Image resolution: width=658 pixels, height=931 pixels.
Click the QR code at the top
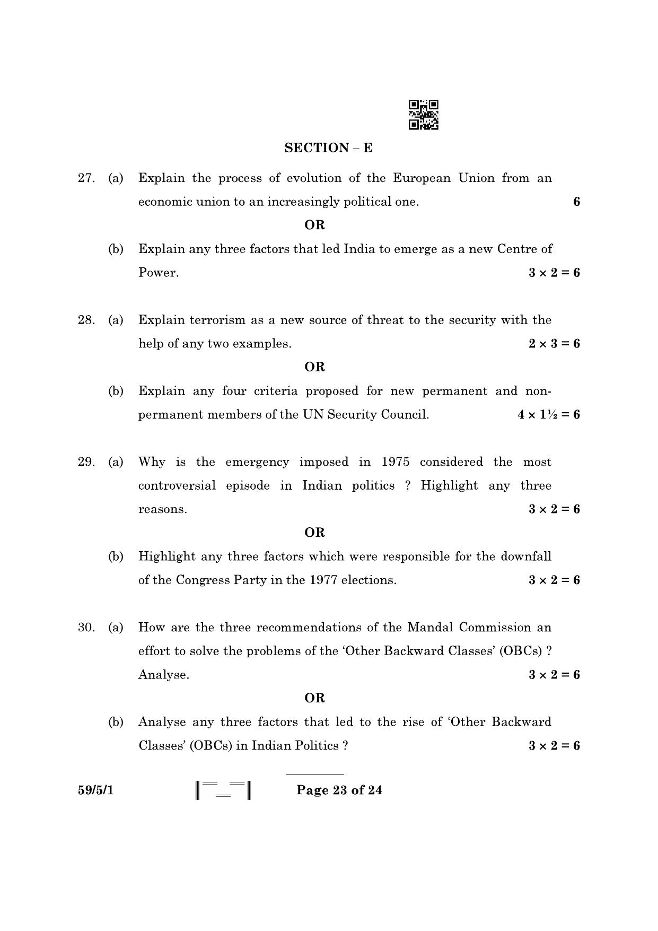click(423, 115)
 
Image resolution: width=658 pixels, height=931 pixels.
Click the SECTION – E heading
click(328, 148)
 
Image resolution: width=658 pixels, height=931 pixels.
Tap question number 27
click(86, 178)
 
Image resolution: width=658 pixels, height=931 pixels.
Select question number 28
click(86, 320)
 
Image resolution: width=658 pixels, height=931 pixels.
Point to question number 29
click(86, 462)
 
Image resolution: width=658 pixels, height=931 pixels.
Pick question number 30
click(86, 628)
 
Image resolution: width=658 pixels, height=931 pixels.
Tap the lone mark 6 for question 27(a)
click(576, 202)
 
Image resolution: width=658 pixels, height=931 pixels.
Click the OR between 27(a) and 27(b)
click(314, 225)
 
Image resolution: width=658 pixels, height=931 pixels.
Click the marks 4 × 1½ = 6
click(549, 415)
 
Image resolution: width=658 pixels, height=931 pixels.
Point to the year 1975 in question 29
click(396, 462)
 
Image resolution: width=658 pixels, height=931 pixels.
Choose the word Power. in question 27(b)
click(159, 273)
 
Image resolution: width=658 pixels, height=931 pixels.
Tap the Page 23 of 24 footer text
click(339, 790)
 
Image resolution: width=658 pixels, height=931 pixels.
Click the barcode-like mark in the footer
click(223, 790)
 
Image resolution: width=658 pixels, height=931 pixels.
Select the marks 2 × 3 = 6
click(554, 344)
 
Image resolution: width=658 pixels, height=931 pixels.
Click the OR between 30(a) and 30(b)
click(314, 698)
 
